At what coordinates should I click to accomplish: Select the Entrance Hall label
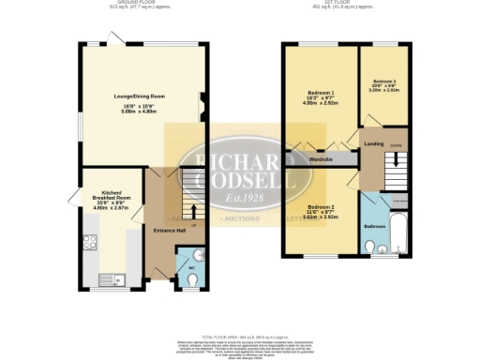pyautogui.click(x=166, y=229)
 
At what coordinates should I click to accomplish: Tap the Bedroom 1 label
pyautogui.click(x=319, y=92)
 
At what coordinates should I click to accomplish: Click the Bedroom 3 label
pyautogui.click(x=384, y=82)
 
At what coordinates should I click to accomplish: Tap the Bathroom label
pyautogui.click(x=375, y=227)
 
